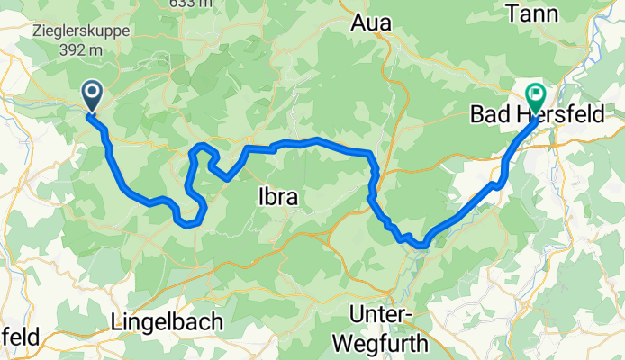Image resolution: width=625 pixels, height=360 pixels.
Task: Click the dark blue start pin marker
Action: coord(92,95)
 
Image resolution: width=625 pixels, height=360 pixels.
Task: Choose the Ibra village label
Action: coord(277,196)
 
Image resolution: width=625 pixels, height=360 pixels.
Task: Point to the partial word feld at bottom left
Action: coord(18,337)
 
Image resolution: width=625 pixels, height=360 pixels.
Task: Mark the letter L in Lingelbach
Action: coord(117,321)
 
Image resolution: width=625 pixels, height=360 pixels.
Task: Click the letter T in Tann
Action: coord(538,13)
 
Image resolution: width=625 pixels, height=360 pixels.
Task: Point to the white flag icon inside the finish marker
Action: coord(537,92)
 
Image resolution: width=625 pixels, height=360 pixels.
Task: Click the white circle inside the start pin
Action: coord(92,91)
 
